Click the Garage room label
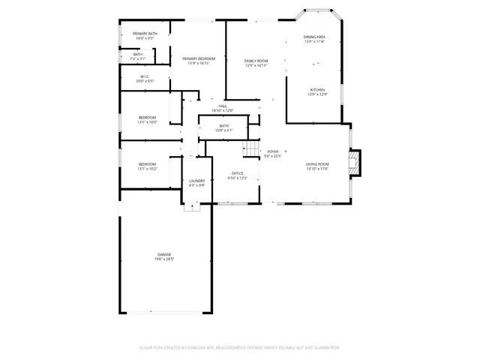(164, 256)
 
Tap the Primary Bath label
(145, 34)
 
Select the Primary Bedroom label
(199, 58)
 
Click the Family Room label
(256, 61)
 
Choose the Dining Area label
(314, 37)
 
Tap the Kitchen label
(318, 89)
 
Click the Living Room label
(317, 163)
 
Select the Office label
(237, 174)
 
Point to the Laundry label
(197, 181)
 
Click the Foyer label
(273, 151)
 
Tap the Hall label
(223, 106)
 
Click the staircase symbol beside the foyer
(251, 150)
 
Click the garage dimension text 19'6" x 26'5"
(164, 260)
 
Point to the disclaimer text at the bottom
(240, 347)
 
